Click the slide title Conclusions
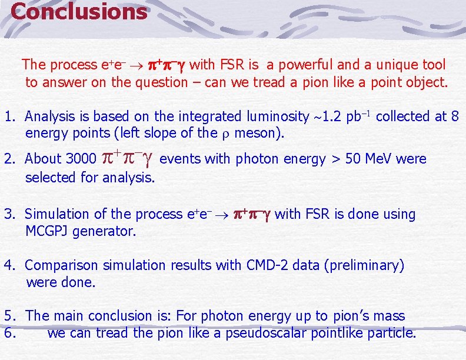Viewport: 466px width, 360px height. pyautogui.click(x=79, y=12)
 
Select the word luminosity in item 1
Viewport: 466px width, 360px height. pyautogui.click(x=279, y=117)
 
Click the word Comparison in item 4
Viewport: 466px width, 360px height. pyautogui.click(x=62, y=266)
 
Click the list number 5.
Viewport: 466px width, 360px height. pyautogui.click(x=8, y=316)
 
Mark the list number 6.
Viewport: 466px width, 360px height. pyautogui.click(x=8, y=334)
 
